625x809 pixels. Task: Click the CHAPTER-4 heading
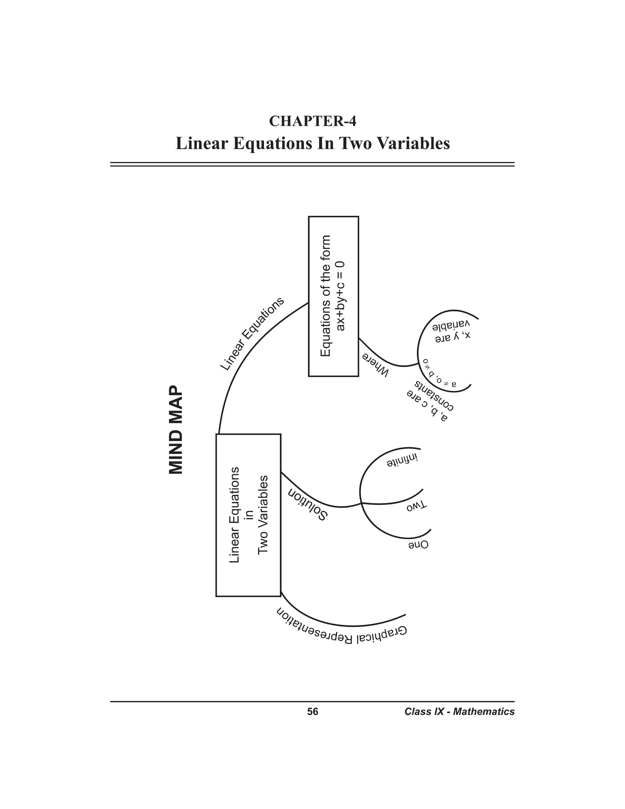coord(312,121)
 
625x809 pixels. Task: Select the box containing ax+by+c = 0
coord(333,296)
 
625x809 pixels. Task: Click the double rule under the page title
coord(312,164)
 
